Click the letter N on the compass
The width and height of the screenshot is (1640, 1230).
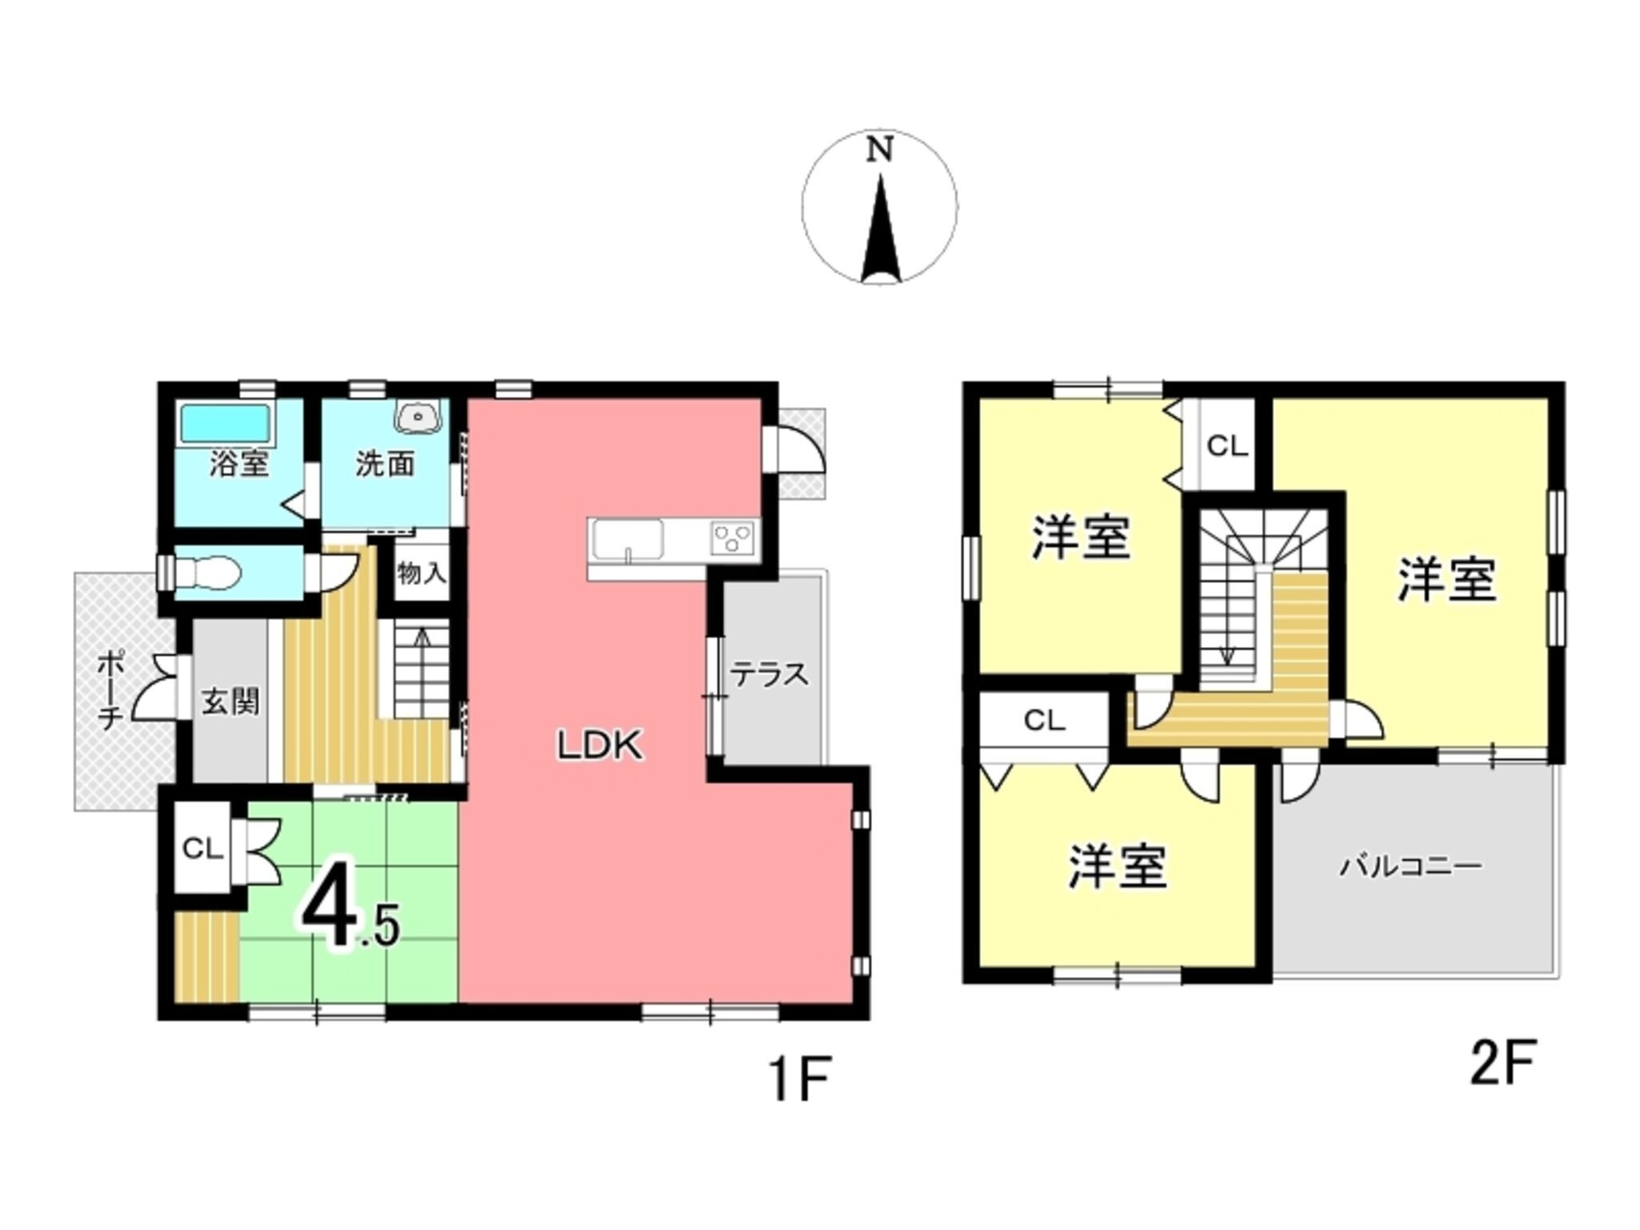[x=880, y=151]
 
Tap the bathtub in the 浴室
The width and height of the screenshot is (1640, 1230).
[x=225, y=422]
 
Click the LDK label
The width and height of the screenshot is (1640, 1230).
[x=601, y=746]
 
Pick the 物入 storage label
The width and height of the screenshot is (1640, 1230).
[x=421, y=573]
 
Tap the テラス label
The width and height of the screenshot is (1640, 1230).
[x=770, y=675]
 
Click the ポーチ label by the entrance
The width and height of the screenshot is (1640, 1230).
[x=110, y=689]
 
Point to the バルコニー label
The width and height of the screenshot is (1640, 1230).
[x=1412, y=866]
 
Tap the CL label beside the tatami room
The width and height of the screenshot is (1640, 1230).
[x=203, y=848]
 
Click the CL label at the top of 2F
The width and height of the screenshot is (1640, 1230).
[x=1227, y=446]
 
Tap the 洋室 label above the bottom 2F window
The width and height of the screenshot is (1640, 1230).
[x=1118, y=866]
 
